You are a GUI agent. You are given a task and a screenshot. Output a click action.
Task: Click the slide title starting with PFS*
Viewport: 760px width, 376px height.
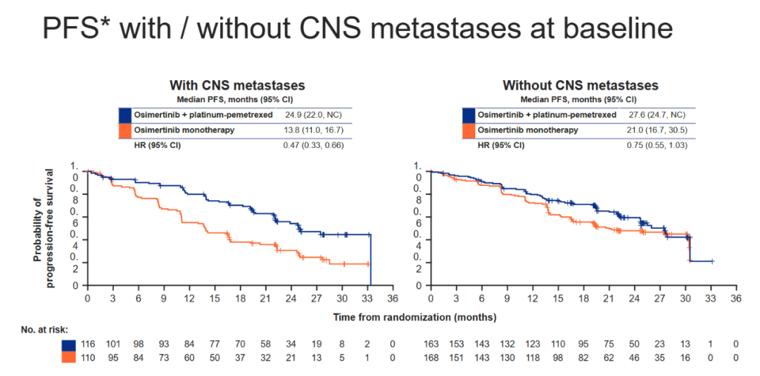(x=357, y=28)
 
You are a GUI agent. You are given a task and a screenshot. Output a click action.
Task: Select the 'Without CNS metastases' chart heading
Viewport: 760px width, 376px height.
(x=580, y=85)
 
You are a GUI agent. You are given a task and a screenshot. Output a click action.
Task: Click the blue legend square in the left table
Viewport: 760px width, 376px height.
(x=125, y=114)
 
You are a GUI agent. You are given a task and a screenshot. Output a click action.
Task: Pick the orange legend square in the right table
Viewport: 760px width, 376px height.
(x=469, y=130)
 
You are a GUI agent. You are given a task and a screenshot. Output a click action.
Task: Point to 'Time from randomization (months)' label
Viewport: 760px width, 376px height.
(x=414, y=318)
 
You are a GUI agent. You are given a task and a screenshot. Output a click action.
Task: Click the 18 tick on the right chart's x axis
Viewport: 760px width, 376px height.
(x=583, y=299)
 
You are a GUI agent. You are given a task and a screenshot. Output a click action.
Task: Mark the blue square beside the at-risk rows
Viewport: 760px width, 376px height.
(x=68, y=345)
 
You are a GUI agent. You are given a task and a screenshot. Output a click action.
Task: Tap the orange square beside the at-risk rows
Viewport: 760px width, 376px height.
(x=68, y=358)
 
